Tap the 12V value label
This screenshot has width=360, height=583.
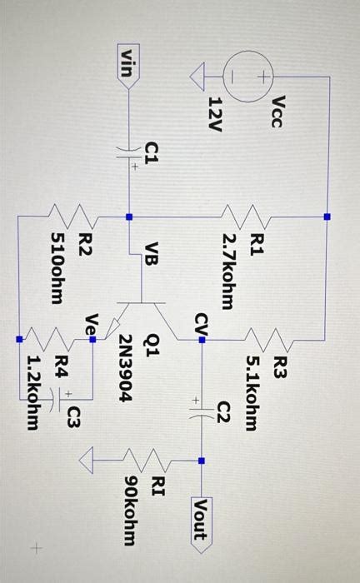(x=214, y=113)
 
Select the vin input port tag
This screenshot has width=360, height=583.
(x=127, y=63)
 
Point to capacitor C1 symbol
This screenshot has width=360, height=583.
(x=128, y=156)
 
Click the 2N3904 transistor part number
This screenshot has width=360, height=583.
(x=125, y=368)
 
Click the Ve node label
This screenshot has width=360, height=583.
(x=92, y=323)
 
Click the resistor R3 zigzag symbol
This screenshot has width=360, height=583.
(x=272, y=341)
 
